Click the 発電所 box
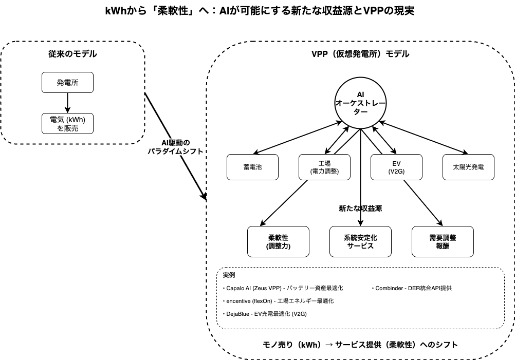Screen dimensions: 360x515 [x=67, y=82]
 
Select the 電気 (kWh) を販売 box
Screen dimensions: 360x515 [x=67, y=123]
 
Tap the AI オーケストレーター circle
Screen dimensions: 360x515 [x=360, y=103]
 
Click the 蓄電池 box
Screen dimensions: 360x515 [x=252, y=167]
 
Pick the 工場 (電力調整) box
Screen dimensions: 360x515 [x=324, y=167]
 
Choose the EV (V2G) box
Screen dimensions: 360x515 [x=396, y=167]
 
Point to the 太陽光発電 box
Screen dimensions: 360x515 [x=468, y=167]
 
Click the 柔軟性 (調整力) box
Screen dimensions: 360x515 [x=278, y=241]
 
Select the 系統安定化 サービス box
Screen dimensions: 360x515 [x=360, y=241]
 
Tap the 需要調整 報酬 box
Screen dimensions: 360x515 [x=443, y=241]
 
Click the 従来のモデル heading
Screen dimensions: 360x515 [x=72, y=54]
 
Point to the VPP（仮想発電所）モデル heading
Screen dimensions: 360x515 [x=360, y=54]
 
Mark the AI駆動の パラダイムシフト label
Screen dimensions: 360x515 [x=176, y=147]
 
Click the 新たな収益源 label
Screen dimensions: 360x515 [x=360, y=209]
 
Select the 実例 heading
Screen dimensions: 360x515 [x=229, y=275]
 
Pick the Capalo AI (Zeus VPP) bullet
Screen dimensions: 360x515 [x=283, y=289]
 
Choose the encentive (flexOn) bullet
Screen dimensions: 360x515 [x=278, y=301]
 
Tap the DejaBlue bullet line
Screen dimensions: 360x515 [x=265, y=314]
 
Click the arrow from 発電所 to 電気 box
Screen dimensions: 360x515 [x=67, y=103]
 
